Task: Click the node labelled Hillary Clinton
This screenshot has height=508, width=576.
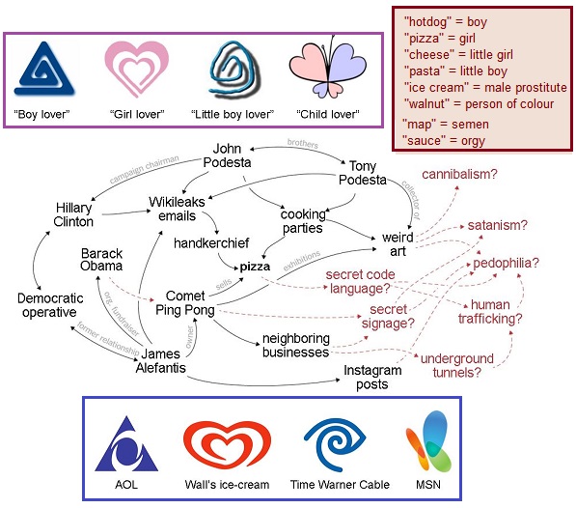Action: (73, 214)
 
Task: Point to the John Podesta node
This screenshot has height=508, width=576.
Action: (227, 155)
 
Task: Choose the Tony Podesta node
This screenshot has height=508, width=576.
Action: (363, 173)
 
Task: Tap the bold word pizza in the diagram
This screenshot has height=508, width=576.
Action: (255, 267)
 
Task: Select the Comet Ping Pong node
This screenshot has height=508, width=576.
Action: (185, 303)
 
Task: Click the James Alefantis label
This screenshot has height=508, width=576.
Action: (161, 360)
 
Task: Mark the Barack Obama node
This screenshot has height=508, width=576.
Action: (101, 260)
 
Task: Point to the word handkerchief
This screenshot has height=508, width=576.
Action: (211, 243)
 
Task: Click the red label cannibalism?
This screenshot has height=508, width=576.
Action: (459, 174)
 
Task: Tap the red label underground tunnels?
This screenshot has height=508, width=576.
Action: (457, 365)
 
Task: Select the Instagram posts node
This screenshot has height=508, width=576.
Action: (372, 378)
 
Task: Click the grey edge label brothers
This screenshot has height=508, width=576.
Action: (303, 143)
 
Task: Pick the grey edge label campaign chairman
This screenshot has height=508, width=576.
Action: (145, 169)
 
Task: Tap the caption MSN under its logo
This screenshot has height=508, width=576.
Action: (428, 485)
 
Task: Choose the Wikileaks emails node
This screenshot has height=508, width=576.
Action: (177, 209)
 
